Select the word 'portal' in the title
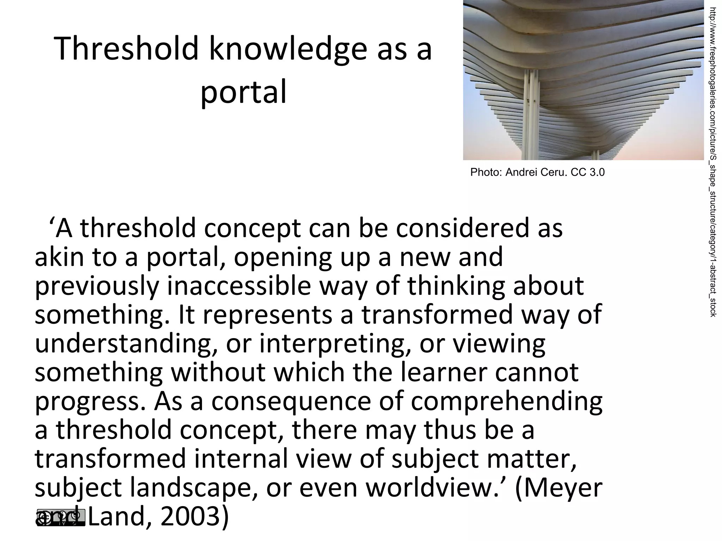click(x=243, y=92)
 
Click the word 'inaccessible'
click(x=239, y=286)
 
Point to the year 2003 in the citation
click(x=189, y=517)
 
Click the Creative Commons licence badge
click(x=61, y=517)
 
